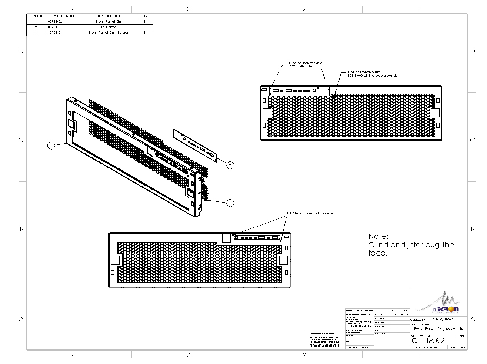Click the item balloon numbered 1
click(x=51, y=146)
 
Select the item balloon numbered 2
click(x=230, y=165)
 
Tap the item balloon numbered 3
click(x=230, y=203)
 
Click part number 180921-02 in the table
click(x=54, y=21)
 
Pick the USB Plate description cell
click(x=109, y=27)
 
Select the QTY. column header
click(x=145, y=16)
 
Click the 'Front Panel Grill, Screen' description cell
click(x=109, y=33)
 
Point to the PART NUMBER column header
click(x=63, y=16)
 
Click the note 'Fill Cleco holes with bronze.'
click(x=310, y=213)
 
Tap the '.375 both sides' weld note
click(x=301, y=67)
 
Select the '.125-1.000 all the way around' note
click(x=371, y=76)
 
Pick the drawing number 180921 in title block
click(x=437, y=341)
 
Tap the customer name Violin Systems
click(x=440, y=319)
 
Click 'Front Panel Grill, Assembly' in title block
click(x=438, y=329)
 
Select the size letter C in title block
click(x=414, y=341)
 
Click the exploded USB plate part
click(x=195, y=146)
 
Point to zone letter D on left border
click(x=21, y=51)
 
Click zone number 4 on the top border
click(x=73, y=9)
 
